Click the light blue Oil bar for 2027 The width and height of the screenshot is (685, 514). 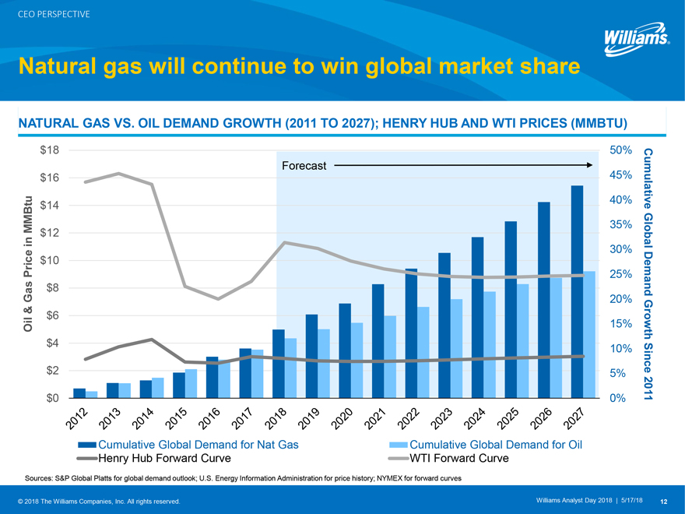tap(589, 335)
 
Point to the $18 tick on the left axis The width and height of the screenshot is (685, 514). tap(50, 150)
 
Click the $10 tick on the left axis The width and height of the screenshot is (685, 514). tap(50, 260)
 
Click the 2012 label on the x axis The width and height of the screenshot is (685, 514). tap(76, 419)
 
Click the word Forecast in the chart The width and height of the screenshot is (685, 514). tap(304, 165)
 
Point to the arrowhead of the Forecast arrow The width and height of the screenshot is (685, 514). tap(588, 165)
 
